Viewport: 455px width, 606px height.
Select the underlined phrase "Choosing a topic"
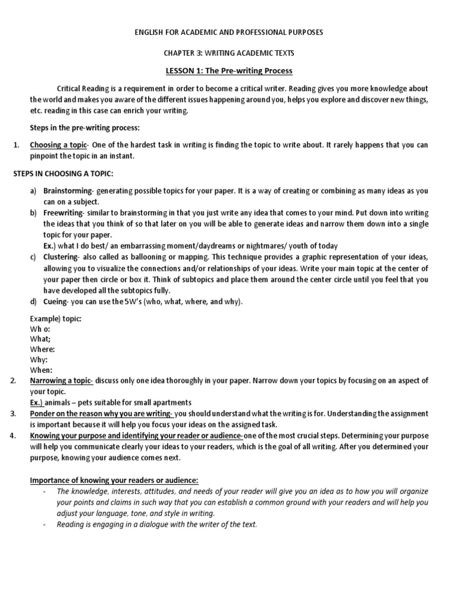point(58,145)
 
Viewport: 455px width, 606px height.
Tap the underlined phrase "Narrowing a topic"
point(61,380)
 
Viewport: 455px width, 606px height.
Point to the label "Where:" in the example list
point(42,349)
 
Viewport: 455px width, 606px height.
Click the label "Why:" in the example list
point(39,359)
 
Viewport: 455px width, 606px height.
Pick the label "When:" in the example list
point(40,369)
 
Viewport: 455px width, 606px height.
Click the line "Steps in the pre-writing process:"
point(85,127)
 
